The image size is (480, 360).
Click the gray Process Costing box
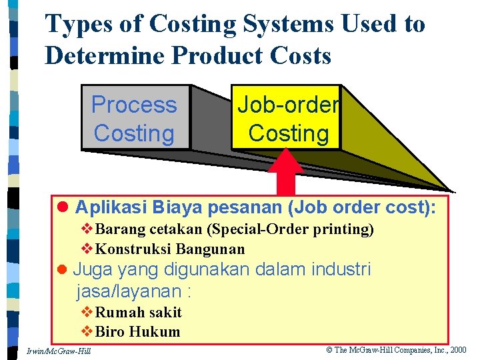tap(135, 119)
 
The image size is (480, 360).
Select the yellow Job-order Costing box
tap(287, 119)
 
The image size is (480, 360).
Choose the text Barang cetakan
tap(149, 230)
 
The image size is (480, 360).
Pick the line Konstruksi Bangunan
tap(170, 249)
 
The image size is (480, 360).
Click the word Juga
tap(90, 270)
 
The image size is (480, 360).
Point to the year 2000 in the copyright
tap(459, 349)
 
